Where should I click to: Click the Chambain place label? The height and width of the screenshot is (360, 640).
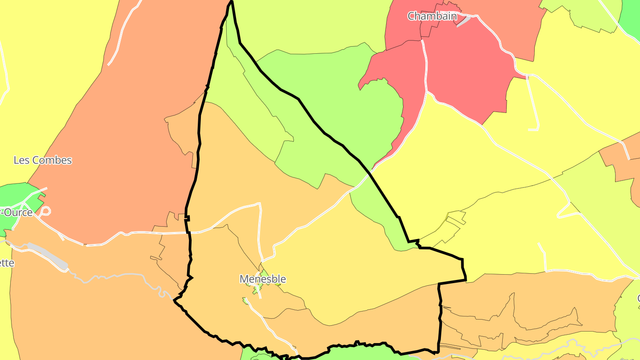[x=432, y=16]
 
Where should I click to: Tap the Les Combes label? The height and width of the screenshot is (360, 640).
[x=43, y=160]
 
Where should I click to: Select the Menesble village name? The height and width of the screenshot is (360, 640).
[x=263, y=279]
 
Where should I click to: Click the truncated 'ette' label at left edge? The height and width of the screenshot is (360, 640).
[x=7, y=263]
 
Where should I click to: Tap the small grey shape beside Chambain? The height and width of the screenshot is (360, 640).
[x=464, y=21]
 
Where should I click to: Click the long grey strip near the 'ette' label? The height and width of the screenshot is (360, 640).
[x=48, y=256]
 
